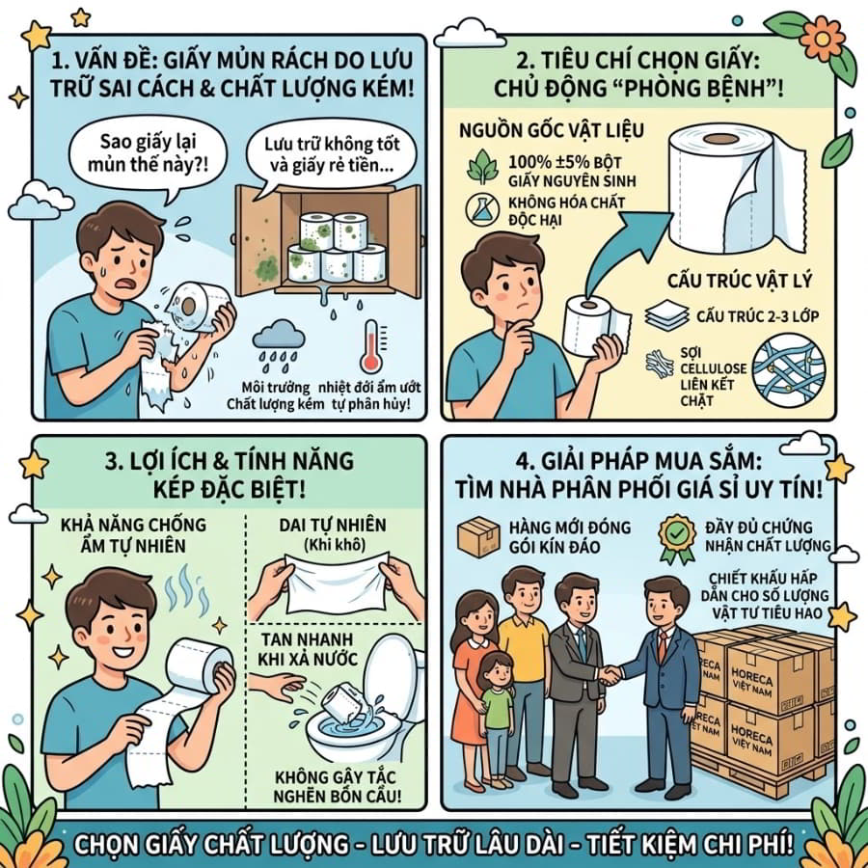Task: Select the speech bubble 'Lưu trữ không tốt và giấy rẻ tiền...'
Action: pos(331,154)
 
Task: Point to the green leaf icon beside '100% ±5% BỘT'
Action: pos(483,166)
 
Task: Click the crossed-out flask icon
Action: pos(482,209)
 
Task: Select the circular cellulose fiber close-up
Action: pos(789,368)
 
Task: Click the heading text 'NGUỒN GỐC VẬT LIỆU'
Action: pos(552,130)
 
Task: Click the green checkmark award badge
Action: pos(676,538)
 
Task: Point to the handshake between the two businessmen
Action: pos(610,674)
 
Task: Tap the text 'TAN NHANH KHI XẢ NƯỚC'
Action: pos(310,649)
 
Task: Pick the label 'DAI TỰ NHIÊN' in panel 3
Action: pos(332,525)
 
